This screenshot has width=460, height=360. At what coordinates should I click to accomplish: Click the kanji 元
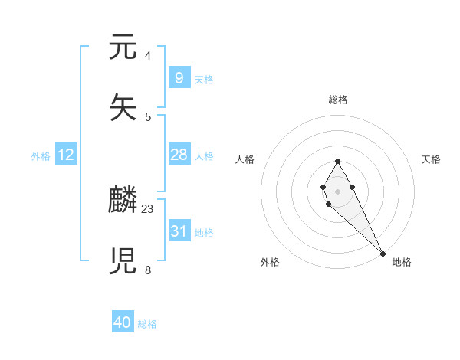tap(123, 48)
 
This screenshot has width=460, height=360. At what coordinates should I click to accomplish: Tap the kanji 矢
tap(123, 108)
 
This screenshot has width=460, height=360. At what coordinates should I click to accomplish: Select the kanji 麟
tap(123, 201)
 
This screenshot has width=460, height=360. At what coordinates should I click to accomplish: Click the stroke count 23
tap(148, 208)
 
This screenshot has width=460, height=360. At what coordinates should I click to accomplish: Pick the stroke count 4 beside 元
tap(148, 56)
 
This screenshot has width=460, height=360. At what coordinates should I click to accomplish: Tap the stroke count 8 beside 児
tap(148, 270)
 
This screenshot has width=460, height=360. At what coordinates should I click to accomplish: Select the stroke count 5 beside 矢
tap(148, 116)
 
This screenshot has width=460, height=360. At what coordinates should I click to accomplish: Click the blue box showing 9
tap(179, 78)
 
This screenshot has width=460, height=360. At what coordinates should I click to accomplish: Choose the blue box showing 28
tap(179, 155)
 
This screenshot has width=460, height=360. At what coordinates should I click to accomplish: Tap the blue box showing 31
tap(179, 231)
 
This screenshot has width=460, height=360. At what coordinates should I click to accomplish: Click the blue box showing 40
tap(123, 322)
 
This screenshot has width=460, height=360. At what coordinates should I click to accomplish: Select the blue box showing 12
tap(66, 155)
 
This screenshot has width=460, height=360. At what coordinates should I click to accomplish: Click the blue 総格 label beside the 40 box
tap(147, 324)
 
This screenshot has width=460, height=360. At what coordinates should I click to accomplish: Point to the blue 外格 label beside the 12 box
tap(41, 156)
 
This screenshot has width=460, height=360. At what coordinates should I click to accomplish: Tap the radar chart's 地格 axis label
tap(402, 262)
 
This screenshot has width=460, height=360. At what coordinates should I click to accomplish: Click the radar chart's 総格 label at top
tap(337, 100)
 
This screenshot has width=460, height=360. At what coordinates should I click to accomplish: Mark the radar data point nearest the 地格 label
tap(383, 254)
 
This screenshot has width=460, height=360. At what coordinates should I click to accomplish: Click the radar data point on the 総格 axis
tap(337, 161)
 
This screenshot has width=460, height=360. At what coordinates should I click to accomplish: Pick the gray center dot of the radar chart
tap(337, 191)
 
